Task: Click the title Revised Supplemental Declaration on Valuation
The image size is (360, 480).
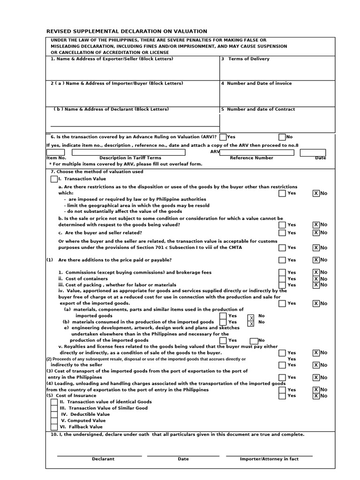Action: tap(127, 31)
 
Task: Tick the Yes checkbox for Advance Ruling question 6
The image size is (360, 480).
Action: tap(223, 137)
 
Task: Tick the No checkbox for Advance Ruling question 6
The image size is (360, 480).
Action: tap(282, 137)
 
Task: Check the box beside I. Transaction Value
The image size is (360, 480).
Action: tap(54, 179)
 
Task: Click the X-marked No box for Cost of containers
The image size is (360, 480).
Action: tap(316, 279)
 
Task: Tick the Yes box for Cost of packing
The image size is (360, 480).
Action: tap(282, 285)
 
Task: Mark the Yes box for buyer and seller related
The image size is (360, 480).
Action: tap(282, 233)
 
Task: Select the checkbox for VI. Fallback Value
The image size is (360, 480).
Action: tap(54, 427)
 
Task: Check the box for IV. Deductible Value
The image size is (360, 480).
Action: tap(54, 414)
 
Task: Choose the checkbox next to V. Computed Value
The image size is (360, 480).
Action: tap(54, 420)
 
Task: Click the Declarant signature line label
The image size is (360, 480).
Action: tap(103, 459)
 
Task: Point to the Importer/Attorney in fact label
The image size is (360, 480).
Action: tap(269, 459)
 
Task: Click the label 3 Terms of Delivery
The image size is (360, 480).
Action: tap(245, 59)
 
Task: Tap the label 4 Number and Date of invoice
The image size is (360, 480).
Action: tap(256, 83)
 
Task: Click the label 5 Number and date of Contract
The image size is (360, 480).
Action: tap(258, 109)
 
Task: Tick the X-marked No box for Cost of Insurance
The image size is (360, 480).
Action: tap(316, 396)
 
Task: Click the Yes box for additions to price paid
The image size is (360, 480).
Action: tap(282, 260)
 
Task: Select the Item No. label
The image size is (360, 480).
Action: tap(56, 158)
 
